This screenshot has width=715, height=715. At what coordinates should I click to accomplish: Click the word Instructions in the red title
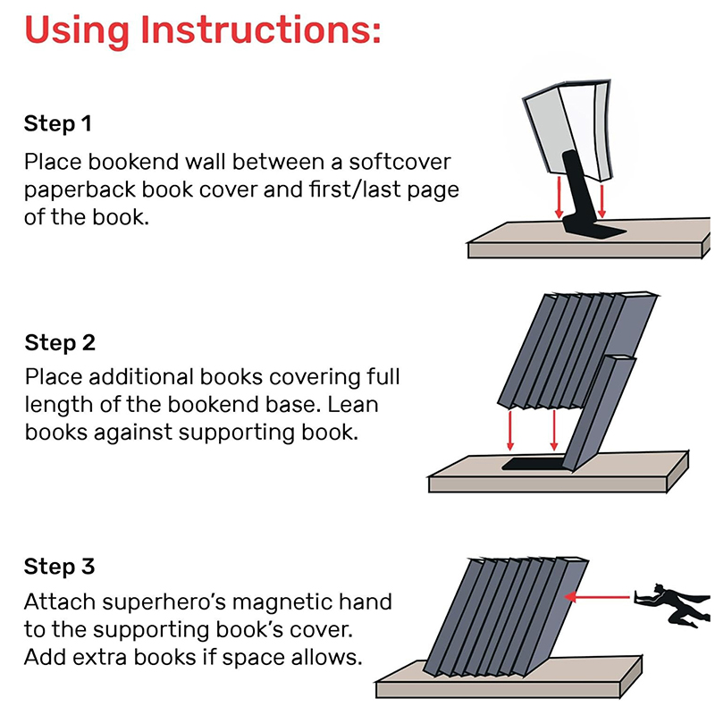click(260, 29)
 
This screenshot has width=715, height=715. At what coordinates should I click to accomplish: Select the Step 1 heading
click(58, 123)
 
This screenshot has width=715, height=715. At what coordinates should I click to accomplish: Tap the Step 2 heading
click(60, 342)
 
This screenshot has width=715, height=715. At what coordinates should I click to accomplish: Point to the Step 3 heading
click(59, 567)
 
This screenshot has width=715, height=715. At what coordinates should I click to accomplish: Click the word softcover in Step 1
click(400, 162)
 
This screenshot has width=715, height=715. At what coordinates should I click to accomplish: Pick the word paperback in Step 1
click(80, 189)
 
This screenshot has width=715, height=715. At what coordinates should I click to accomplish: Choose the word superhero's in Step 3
click(164, 601)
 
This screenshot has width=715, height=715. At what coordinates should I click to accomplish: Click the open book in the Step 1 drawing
click(568, 130)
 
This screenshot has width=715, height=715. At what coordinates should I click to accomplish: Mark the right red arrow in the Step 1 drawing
click(601, 200)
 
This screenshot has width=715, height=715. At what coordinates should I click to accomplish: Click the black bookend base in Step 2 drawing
click(534, 464)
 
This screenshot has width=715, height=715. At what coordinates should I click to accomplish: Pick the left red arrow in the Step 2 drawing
click(510, 431)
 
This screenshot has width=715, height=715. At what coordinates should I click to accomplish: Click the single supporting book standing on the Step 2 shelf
click(597, 413)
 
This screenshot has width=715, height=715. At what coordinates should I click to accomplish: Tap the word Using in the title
click(77, 30)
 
